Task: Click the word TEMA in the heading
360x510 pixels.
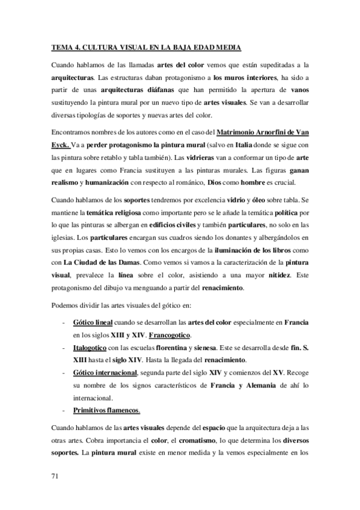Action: click(x=59, y=46)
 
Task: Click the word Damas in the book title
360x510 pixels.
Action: click(x=126, y=262)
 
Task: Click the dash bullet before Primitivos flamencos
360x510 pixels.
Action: click(x=64, y=413)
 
